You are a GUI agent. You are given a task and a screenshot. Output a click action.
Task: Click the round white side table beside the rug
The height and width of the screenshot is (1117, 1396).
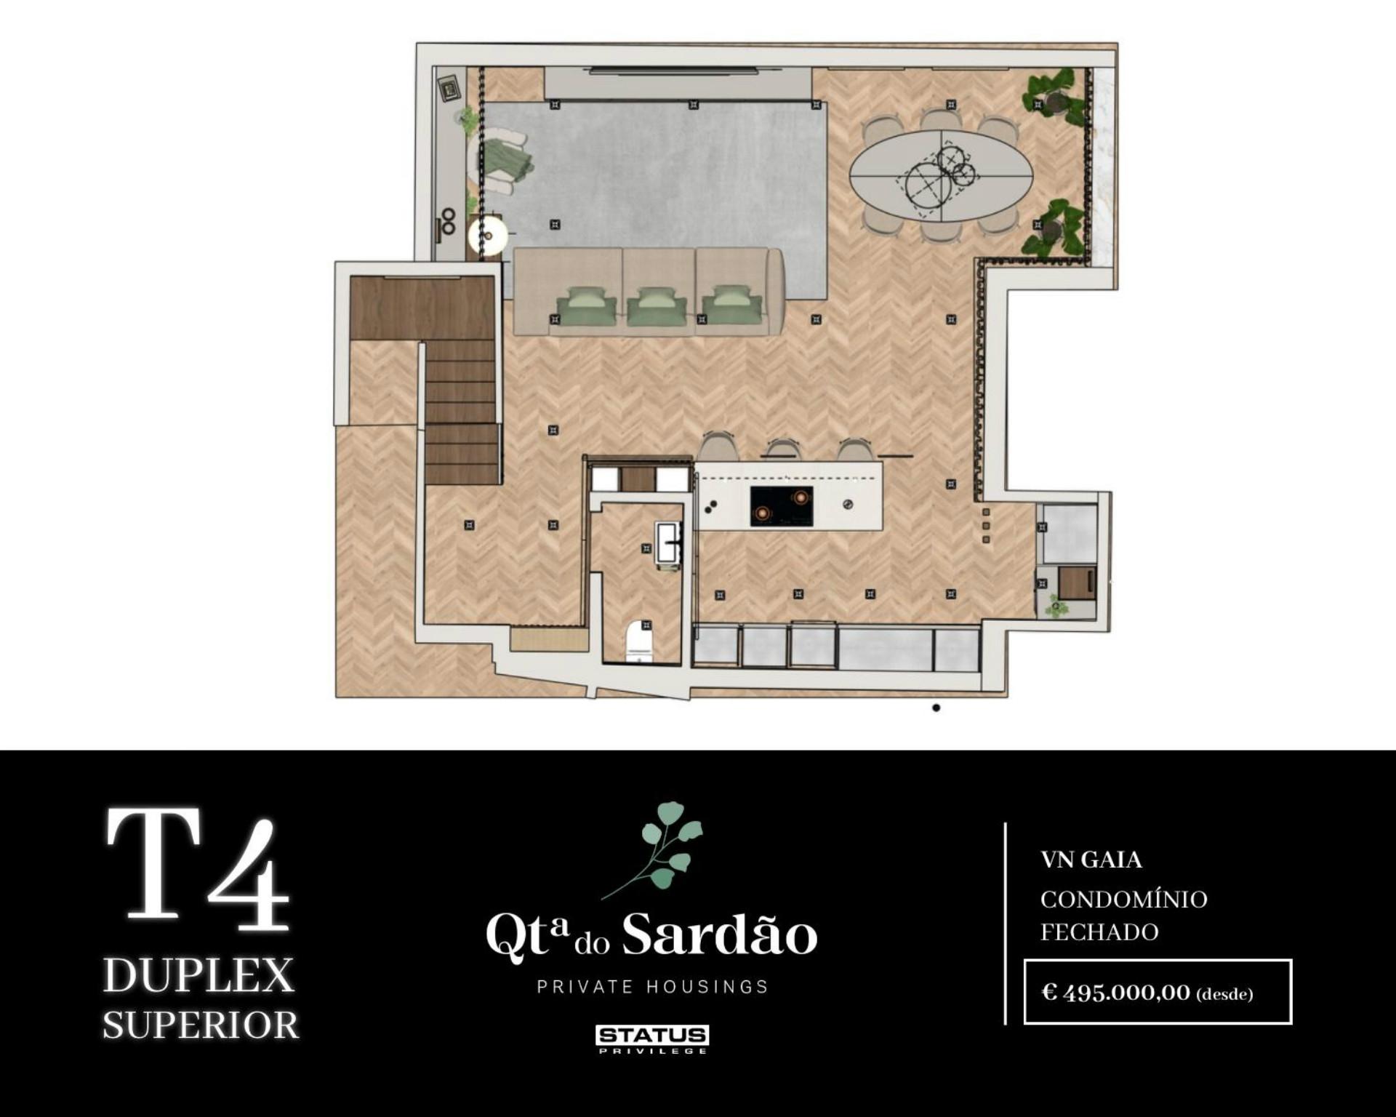[x=487, y=235]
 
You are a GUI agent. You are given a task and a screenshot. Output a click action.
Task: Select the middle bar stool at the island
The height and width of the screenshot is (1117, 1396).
[x=782, y=449]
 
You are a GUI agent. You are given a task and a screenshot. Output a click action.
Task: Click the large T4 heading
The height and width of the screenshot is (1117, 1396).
[x=198, y=870]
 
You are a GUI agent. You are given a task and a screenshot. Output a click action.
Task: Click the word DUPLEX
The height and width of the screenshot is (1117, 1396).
[x=198, y=975]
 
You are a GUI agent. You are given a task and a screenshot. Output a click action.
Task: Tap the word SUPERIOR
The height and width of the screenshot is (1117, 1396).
[x=201, y=1025]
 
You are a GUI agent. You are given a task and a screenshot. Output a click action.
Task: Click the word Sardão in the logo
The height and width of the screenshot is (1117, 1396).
[x=720, y=934]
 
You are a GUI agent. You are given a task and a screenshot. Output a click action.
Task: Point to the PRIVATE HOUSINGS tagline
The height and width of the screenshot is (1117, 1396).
[x=652, y=987]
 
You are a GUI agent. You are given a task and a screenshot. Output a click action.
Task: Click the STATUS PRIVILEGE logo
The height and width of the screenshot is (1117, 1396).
[x=652, y=1039]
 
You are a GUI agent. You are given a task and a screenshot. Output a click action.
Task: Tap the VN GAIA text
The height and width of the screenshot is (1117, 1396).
[x=1091, y=860]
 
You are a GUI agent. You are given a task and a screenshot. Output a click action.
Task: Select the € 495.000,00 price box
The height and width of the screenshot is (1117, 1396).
[x=1158, y=992]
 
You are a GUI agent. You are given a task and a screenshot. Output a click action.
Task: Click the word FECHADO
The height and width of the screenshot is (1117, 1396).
[x=1099, y=932]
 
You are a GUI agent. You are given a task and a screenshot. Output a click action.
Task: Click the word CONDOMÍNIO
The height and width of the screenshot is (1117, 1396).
[x=1123, y=899]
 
